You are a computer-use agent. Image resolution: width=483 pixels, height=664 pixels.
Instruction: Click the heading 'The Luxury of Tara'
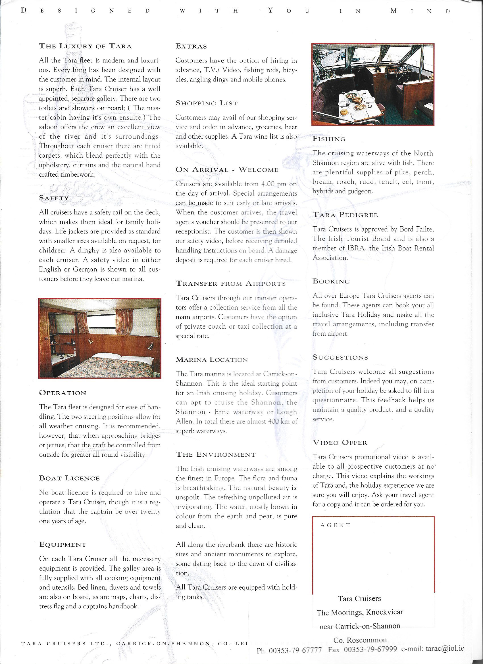coord(85,46)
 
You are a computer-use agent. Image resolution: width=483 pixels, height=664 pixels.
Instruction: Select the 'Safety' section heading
coord(54,198)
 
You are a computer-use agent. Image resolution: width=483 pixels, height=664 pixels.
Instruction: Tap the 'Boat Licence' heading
coord(69,478)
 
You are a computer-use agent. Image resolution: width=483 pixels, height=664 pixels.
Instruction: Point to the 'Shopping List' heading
coord(207,103)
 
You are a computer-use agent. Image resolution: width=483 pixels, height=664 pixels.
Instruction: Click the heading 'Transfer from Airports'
coord(230,283)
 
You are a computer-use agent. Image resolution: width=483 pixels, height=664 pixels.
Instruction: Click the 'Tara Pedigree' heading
coord(345,214)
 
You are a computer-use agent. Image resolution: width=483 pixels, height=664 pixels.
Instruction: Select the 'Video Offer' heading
coord(340,442)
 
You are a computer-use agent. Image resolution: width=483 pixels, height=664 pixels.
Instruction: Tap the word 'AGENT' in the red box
coord(335,525)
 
